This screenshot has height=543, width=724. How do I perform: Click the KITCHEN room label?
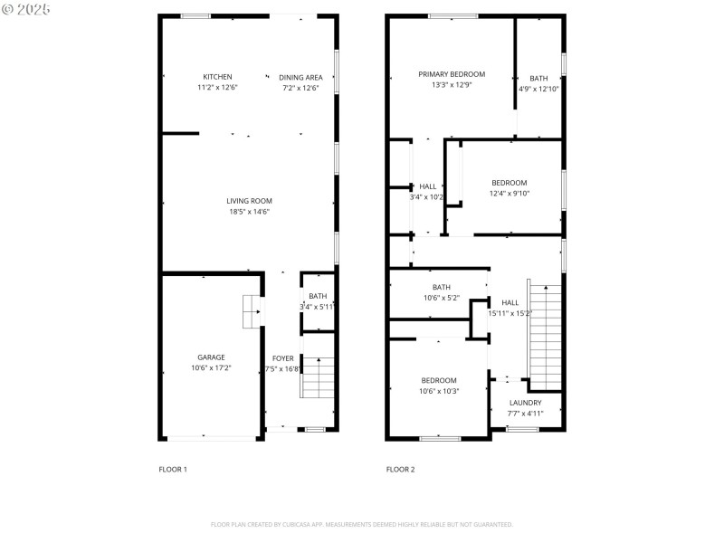[217, 77]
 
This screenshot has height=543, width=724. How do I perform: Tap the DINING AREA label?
[300, 77]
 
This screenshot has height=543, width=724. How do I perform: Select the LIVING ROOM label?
[249, 201]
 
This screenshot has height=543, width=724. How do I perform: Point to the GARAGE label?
[212, 357]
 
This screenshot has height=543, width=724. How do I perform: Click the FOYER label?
[283, 358]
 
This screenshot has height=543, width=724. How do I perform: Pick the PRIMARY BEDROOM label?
[451, 74]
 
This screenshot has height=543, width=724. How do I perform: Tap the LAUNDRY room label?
[525, 403]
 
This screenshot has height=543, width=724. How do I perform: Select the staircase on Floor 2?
[546, 335]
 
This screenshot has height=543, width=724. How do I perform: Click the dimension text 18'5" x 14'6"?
[249, 212]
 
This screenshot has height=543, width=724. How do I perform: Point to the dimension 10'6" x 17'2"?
[212, 368]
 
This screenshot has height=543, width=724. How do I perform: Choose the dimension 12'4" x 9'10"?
[509, 193]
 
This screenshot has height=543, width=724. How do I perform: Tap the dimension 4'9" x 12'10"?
[538, 89]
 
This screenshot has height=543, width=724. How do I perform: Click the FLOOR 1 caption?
[173, 470]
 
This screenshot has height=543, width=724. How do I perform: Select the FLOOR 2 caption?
[400, 470]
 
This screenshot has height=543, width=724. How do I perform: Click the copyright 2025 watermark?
[26, 8]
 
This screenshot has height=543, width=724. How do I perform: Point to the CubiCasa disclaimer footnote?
[362, 524]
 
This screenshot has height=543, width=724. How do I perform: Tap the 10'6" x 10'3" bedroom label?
[439, 391]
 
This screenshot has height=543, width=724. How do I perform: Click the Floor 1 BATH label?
[318, 296]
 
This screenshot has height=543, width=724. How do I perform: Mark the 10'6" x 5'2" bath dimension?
[441, 298]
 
